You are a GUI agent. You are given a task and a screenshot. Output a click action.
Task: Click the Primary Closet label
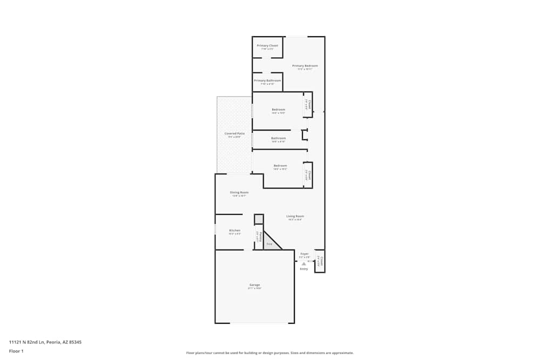[x=267, y=46]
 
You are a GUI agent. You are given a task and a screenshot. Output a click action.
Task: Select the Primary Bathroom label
[x=267, y=81]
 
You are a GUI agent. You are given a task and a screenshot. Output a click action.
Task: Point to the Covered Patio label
[x=234, y=133]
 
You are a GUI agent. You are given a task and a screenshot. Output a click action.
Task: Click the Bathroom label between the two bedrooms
[x=279, y=138]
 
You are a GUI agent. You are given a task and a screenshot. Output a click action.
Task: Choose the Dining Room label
[x=239, y=193]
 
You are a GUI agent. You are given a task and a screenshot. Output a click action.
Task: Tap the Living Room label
[x=295, y=216]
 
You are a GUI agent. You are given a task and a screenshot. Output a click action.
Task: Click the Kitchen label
[x=234, y=230]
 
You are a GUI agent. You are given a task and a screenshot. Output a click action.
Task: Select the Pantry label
[x=259, y=236]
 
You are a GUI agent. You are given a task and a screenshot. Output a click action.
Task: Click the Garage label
[x=254, y=285]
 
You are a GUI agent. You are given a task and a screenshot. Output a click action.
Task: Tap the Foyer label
[x=305, y=254]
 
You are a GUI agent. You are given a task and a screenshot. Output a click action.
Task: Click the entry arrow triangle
[x=303, y=263]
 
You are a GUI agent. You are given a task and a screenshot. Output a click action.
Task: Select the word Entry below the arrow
[x=303, y=269]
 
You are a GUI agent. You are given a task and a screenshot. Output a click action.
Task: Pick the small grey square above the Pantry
[x=259, y=219]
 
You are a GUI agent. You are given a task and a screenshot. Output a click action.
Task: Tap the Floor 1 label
[x=16, y=351]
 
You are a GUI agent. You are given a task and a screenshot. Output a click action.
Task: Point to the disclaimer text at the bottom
[x=270, y=353]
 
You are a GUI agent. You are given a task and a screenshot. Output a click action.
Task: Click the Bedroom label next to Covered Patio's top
[x=278, y=110]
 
